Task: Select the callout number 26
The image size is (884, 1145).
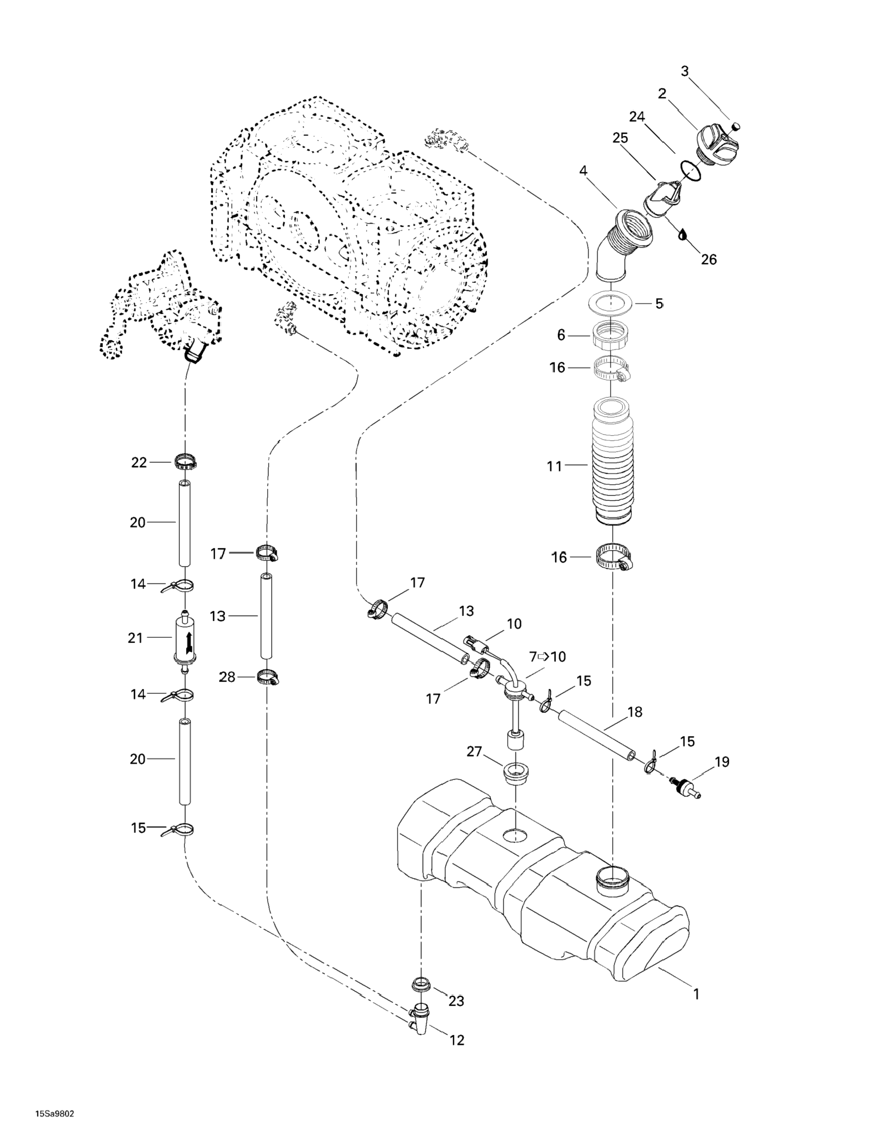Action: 708,259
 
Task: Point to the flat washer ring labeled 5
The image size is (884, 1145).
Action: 611,304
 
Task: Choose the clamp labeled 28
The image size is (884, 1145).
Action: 268,677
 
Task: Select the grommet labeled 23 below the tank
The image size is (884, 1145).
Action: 421,983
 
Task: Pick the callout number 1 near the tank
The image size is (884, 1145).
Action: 696,993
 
